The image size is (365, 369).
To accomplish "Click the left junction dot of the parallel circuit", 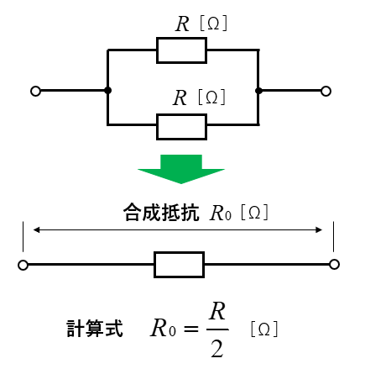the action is click(x=107, y=91).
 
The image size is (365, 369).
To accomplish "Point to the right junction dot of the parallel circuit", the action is click(x=258, y=91).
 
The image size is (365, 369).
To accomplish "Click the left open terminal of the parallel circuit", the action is click(x=35, y=91).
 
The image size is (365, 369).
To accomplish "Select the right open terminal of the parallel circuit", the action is click(x=326, y=91).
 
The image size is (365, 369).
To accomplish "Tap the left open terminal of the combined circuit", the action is click(x=23, y=265).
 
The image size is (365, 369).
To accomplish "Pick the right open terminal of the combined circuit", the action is click(x=334, y=265).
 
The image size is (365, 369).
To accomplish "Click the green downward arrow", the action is click(x=181, y=169).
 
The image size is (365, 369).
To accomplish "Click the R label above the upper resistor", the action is click(x=182, y=24).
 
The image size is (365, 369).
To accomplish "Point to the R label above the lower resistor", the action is click(x=180, y=98).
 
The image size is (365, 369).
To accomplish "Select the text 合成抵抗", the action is click(x=161, y=213).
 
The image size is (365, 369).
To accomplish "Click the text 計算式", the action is click(x=95, y=328).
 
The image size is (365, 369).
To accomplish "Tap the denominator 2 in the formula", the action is click(x=217, y=349).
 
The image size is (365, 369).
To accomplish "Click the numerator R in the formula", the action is click(x=217, y=311).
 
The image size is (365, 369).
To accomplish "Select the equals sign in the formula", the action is click(x=191, y=329).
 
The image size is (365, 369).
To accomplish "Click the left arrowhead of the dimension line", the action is click(x=37, y=230).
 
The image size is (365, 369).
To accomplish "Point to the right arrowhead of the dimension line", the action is click(x=319, y=230).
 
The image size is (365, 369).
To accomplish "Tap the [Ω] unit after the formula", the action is click(x=264, y=329).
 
